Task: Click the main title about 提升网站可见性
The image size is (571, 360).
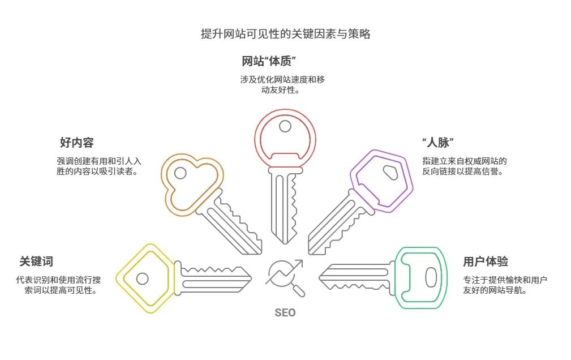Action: click(285, 34)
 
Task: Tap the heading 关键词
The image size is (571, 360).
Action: click(36, 262)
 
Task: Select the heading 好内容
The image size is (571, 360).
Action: click(77, 143)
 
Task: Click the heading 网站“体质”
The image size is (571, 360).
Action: click(269, 61)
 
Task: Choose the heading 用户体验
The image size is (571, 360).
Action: click(485, 262)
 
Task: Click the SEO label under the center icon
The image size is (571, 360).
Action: click(285, 312)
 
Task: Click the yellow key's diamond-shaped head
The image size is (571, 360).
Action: click(143, 278)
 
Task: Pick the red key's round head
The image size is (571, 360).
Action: click(285, 136)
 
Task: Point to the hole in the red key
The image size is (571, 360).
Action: click(285, 126)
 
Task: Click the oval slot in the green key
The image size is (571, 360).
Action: click(431, 277)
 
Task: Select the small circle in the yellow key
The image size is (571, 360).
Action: click(143, 278)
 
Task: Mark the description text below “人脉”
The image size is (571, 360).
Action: click(464, 166)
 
